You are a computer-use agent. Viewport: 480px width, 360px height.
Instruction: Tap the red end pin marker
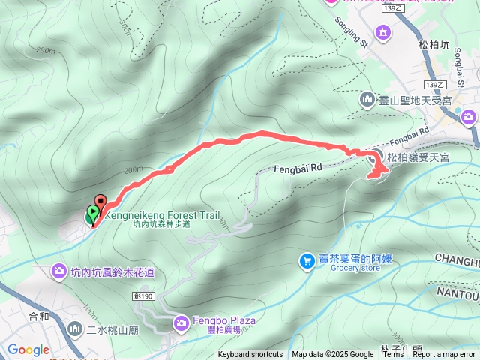click(x=100, y=202)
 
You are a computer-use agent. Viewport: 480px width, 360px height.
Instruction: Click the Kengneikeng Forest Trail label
click(x=163, y=214)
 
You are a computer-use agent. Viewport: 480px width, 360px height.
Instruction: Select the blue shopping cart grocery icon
click(x=307, y=260)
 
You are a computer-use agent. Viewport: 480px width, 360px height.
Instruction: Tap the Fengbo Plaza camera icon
click(x=181, y=323)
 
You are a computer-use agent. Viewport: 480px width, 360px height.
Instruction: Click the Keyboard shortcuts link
click(x=250, y=355)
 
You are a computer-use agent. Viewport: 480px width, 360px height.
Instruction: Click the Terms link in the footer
click(x=393, y=355)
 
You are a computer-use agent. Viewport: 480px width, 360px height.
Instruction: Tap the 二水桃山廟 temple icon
click(x=75, y=328)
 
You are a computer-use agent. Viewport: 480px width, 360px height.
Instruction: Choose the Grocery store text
click(x=344, y=270)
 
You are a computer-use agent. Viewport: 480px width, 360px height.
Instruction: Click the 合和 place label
click(x=39, y=316)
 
